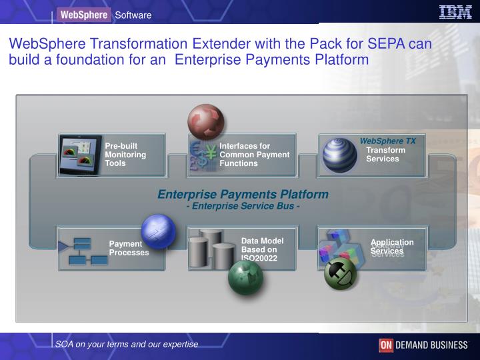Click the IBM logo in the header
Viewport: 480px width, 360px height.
455,12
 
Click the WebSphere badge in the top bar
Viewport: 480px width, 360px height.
83,15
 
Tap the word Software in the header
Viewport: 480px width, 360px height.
133,15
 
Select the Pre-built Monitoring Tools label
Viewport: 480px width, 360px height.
125,155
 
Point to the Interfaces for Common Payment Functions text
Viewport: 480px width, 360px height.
255,155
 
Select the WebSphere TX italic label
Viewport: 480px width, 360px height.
387,141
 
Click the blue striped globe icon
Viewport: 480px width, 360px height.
340,155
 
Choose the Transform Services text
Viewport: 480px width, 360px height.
385,155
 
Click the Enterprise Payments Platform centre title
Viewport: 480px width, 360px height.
243,194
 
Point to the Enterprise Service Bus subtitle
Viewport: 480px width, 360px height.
243,205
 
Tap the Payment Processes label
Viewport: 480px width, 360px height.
129,248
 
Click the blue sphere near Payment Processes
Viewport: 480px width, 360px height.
158,231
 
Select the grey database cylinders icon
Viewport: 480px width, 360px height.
211,249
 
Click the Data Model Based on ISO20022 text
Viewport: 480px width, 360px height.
263,249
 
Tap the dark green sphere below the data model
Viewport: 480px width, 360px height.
245,277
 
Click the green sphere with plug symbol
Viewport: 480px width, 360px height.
340,273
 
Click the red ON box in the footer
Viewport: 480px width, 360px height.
386,345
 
